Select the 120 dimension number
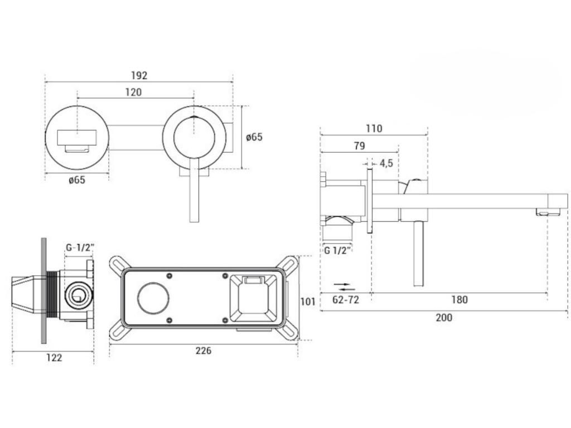click(133, 93)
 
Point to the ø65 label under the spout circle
click(77, 180)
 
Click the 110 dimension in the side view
click(374, 129)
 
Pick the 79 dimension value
click(359, 146)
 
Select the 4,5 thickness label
click(386, 163)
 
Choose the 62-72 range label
click(346, 300)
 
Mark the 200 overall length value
click(444, 318)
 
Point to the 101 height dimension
click(308, 301)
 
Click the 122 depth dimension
click(54, 358)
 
